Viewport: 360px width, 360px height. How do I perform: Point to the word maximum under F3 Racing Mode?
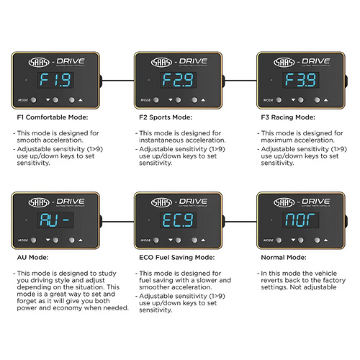click(274, 140)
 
